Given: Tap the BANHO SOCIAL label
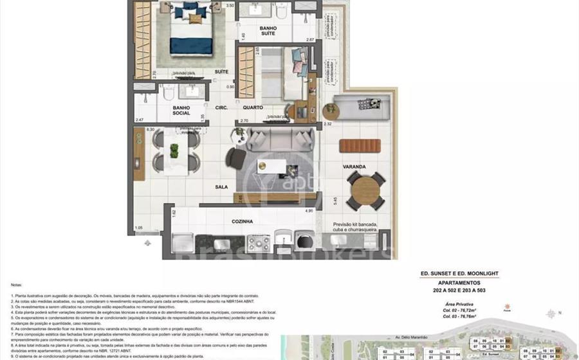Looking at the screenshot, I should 181,109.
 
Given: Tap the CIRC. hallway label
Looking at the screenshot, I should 223,108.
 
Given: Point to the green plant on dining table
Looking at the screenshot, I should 174,150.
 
